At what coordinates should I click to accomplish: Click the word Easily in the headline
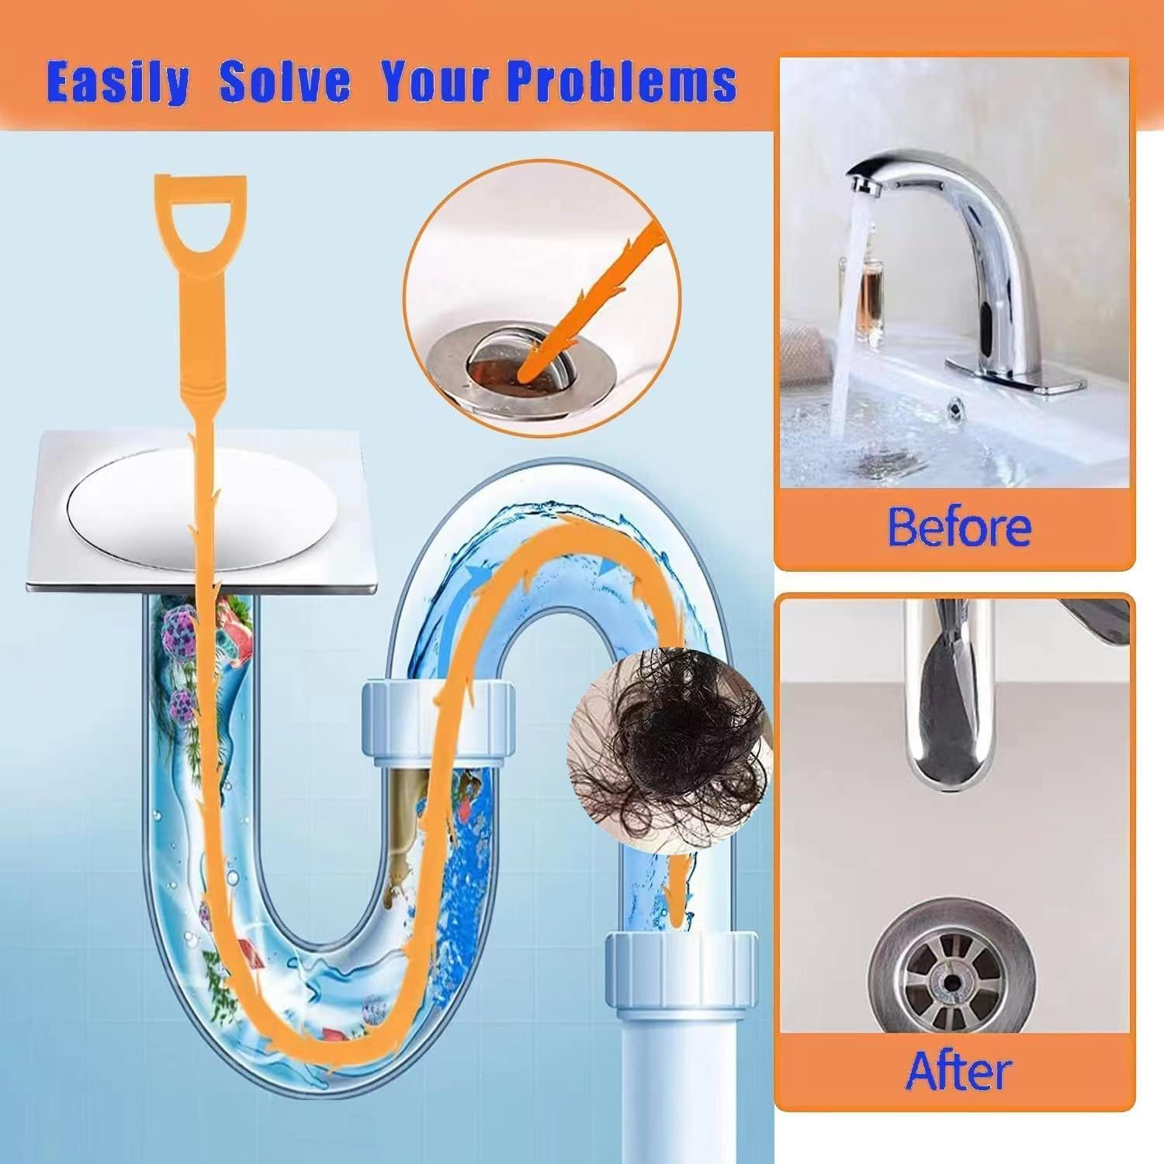(117, 81)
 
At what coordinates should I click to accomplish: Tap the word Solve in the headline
(285, 81)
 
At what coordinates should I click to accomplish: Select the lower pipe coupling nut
(681, 966)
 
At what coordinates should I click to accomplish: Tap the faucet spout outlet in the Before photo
(859, 186)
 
